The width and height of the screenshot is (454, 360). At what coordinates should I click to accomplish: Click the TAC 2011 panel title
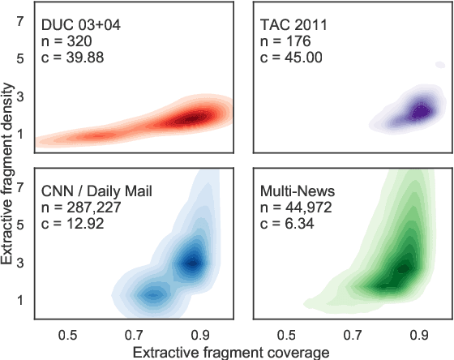click(293, 24)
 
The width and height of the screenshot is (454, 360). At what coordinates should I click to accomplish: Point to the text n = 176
click(285, 41)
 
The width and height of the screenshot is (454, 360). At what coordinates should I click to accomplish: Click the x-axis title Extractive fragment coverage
click(231, 352)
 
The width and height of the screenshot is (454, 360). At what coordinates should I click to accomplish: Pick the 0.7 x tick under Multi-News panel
click(353, 332)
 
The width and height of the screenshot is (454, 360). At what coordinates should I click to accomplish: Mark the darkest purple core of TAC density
click(420, 112)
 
